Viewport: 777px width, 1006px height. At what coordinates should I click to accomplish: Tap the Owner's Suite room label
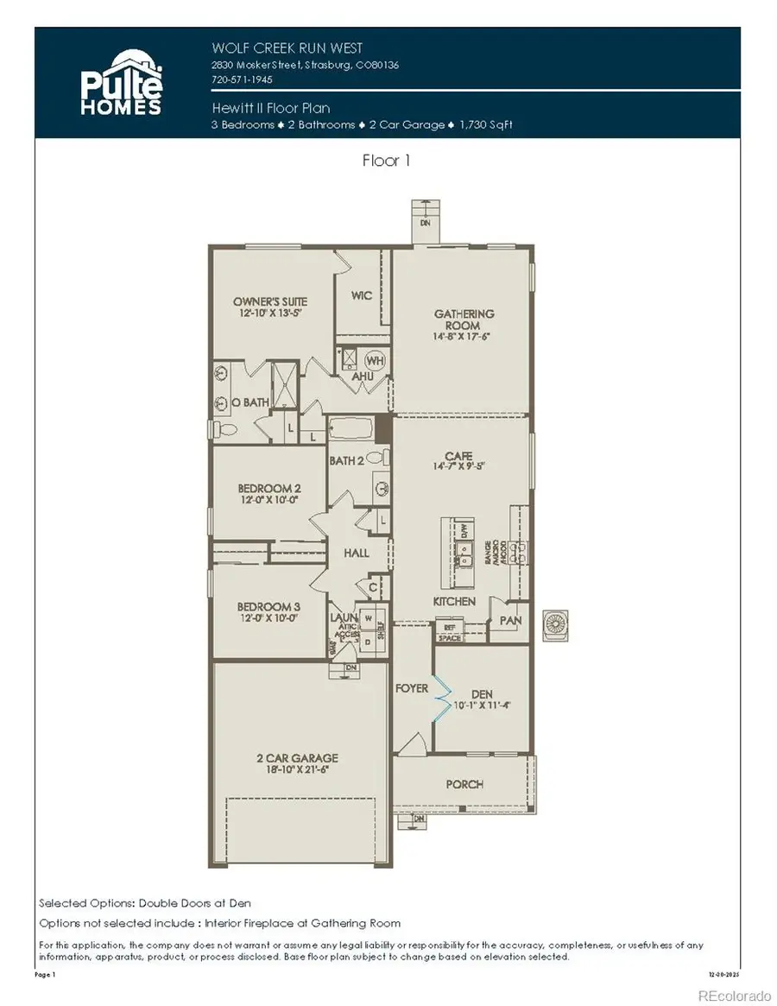tap(270, 301)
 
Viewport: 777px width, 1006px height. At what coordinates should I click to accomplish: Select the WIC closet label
tap(362, 295)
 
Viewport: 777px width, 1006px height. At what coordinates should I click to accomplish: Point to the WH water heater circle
tap(376, 359)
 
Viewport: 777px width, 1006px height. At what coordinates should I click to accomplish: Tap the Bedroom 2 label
tap(268, 487)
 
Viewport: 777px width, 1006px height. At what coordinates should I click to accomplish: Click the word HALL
tap(356, 553)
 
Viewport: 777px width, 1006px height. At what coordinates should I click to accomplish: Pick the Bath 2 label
tap(345, 460)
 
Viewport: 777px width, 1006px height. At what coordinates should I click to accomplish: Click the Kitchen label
tap(454, 601)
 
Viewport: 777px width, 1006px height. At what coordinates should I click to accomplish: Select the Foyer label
tap(412, 688)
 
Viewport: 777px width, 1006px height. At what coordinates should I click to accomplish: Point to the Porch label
tap(464, 784)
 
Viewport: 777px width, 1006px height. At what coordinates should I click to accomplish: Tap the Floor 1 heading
tap(386, 161)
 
